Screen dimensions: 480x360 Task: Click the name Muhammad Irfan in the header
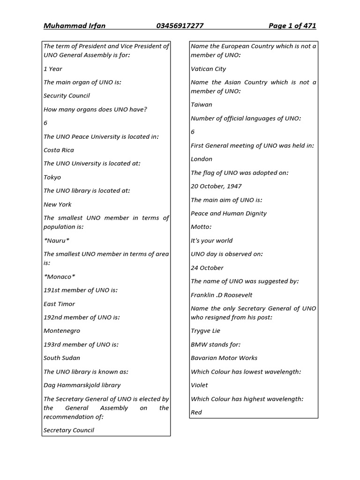pyautogui.click(x=74, y=26)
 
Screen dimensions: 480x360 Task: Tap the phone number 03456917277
pyautogui.click(x=180, y=26)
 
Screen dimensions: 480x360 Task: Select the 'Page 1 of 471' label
pyautogui.click(x=292, y=26)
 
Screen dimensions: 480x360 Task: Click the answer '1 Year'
pyautogui.click(x=52, y=69)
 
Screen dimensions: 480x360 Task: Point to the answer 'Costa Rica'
pyautogui.click(x=59, y=150)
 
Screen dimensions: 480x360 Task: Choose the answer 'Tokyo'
pyautogui.click(x=52, y=177)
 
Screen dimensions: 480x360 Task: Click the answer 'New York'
pyautogui.click(x=57, y=204)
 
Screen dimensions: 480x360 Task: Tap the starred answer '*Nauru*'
pyautogui.click(x=56, y=240)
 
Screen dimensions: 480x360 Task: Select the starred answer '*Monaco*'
pyautogui.click(x=59, y=277)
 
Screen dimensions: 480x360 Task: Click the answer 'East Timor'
pyautogui.click(x=59, y=304)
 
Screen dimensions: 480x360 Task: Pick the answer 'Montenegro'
pyautogui.click(x=61, y=331)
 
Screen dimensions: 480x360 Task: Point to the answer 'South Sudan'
pyautogui.click(x=61, y=358)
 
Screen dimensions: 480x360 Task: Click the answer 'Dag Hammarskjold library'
pyautogui.click(x=82, y=385)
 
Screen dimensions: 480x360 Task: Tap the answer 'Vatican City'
pyautogui.click(x=208, y=69)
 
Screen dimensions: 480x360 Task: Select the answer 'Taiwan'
pyautogui.click(x=201, y=105)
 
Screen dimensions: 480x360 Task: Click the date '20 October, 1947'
pyautogui.click(x=216, y=186)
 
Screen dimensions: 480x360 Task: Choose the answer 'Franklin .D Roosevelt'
pyautogui.click(x=221, y=295)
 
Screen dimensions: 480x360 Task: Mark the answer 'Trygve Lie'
pyautogui.click(x=205, y=331)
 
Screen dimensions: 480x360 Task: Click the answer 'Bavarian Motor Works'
pyautogui.click(x=224, y=358)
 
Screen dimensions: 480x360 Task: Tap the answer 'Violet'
pyautogui.click(x=199, y=385)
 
